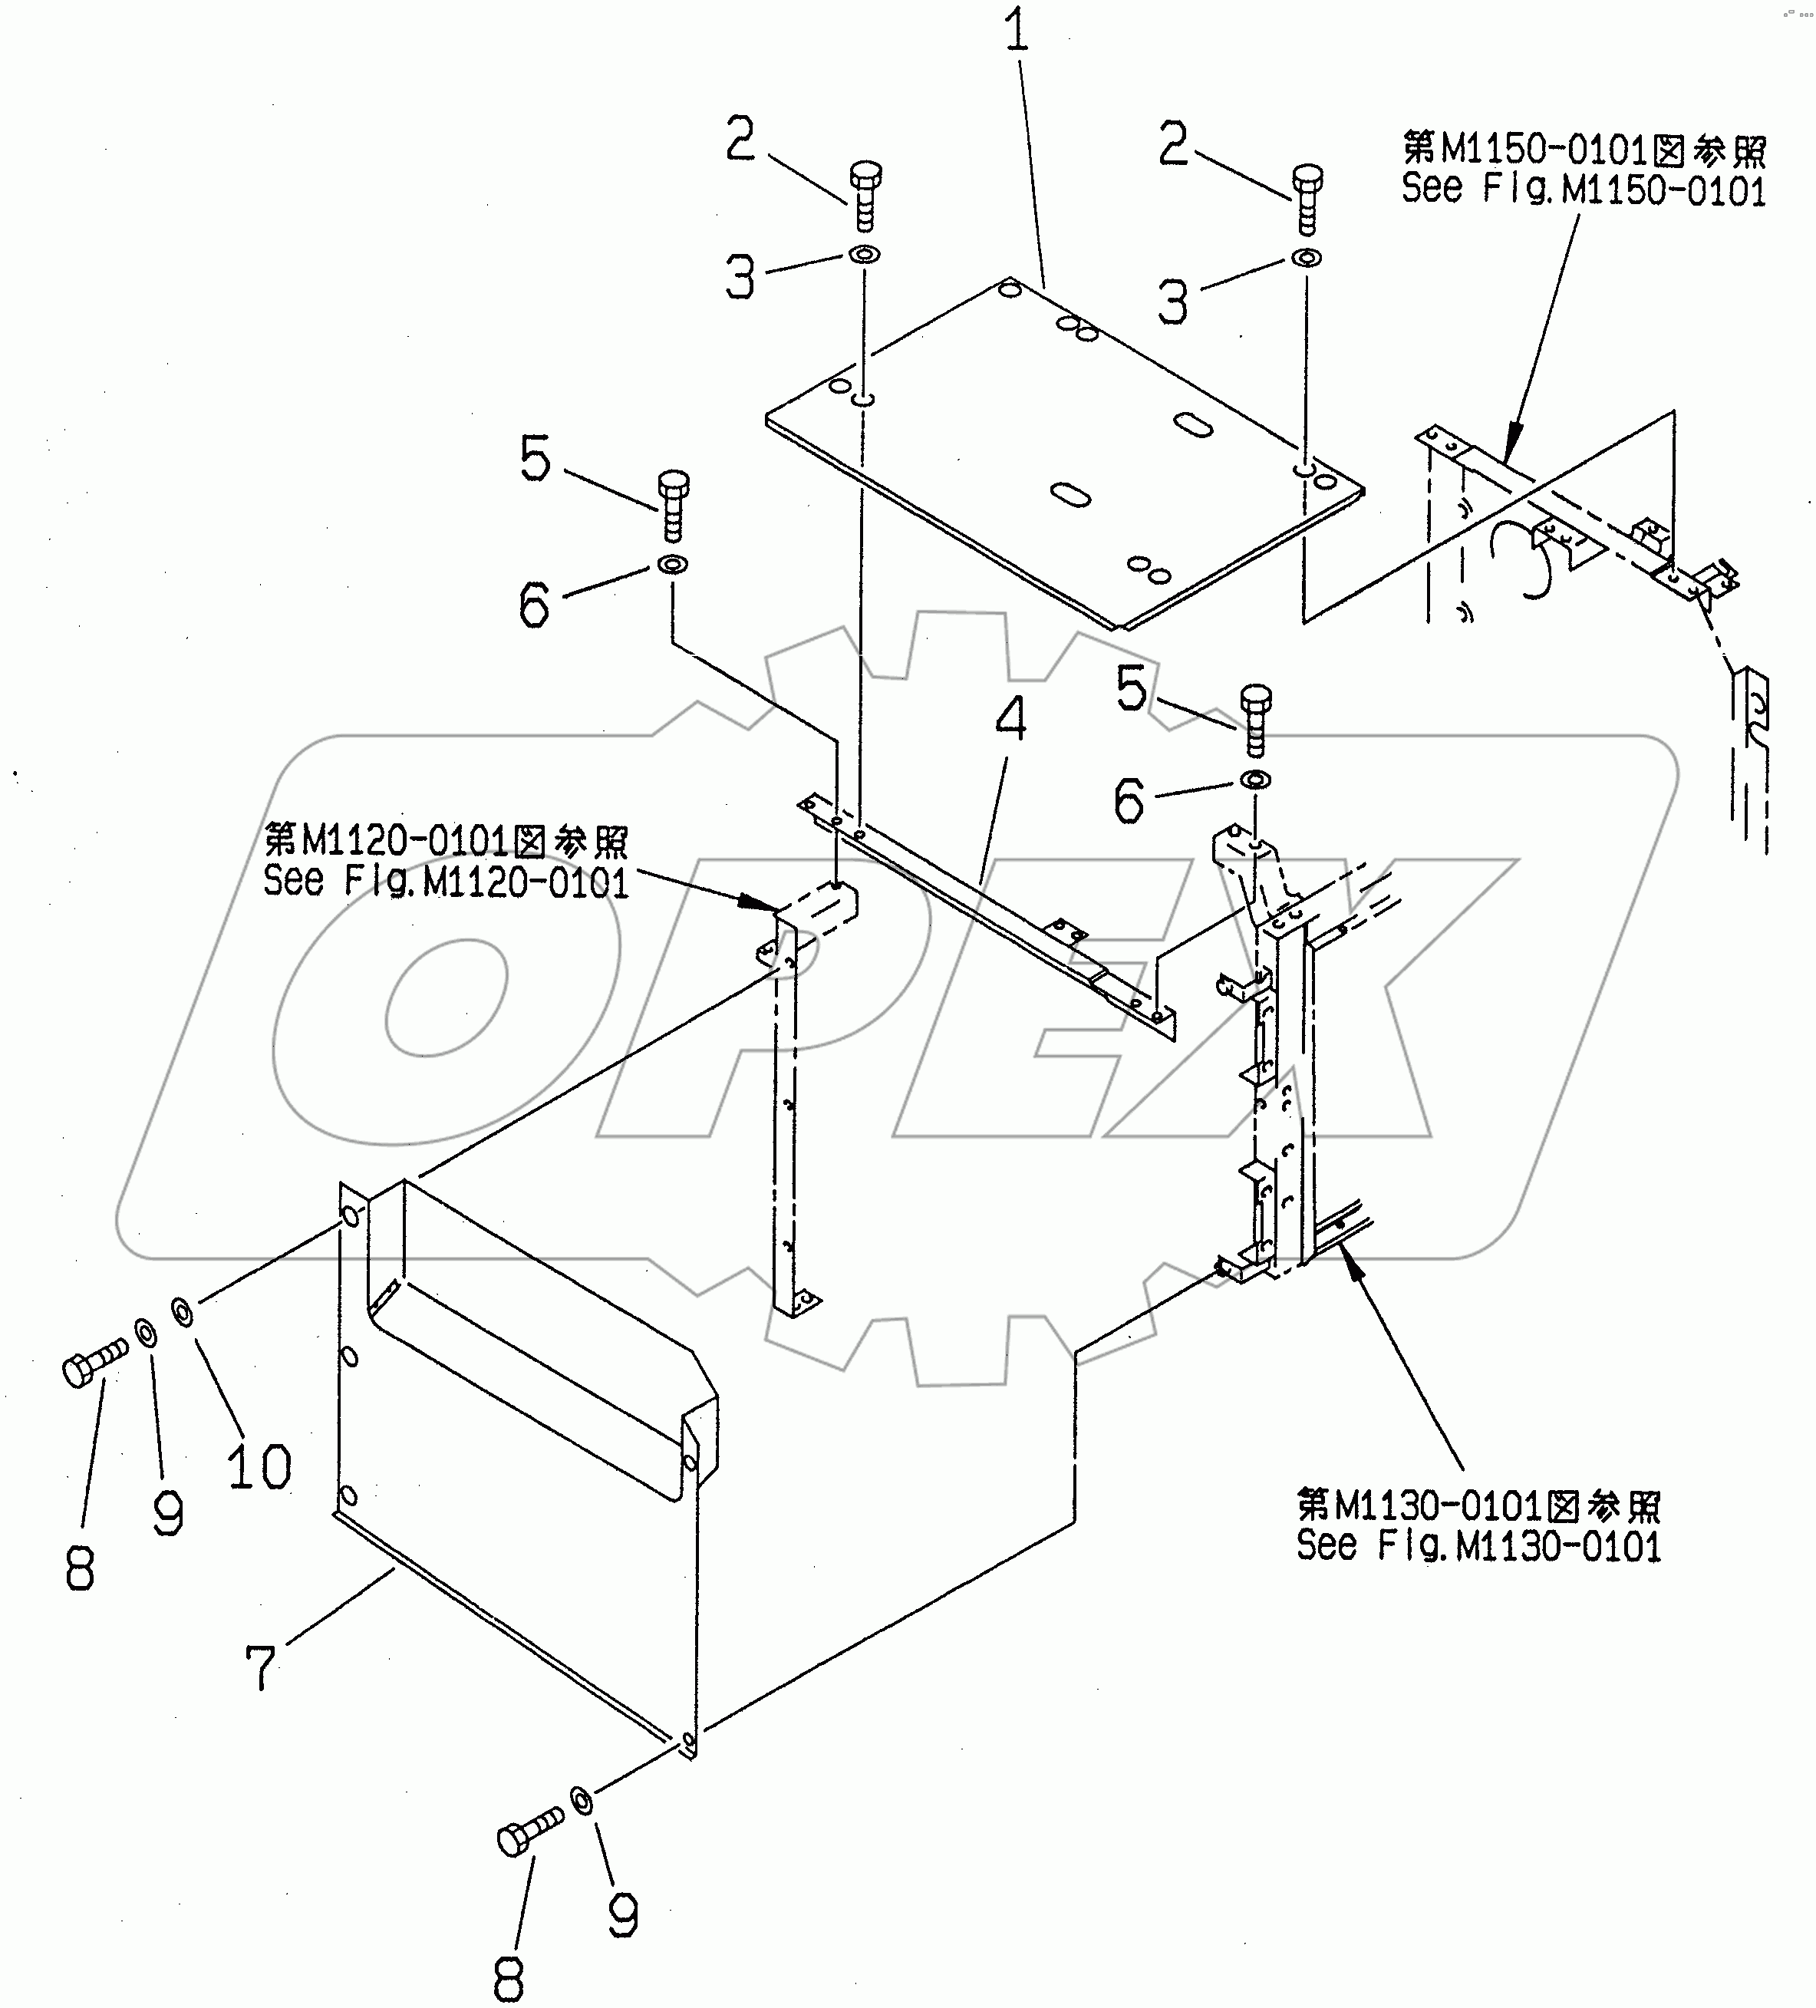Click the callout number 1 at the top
1016,33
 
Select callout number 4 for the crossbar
1010,718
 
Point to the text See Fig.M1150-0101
1583,190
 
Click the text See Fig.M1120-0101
445,882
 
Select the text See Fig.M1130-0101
1478,1546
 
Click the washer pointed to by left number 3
865,255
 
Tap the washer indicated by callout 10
183,1313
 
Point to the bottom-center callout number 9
623,1914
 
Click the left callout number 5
535,460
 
